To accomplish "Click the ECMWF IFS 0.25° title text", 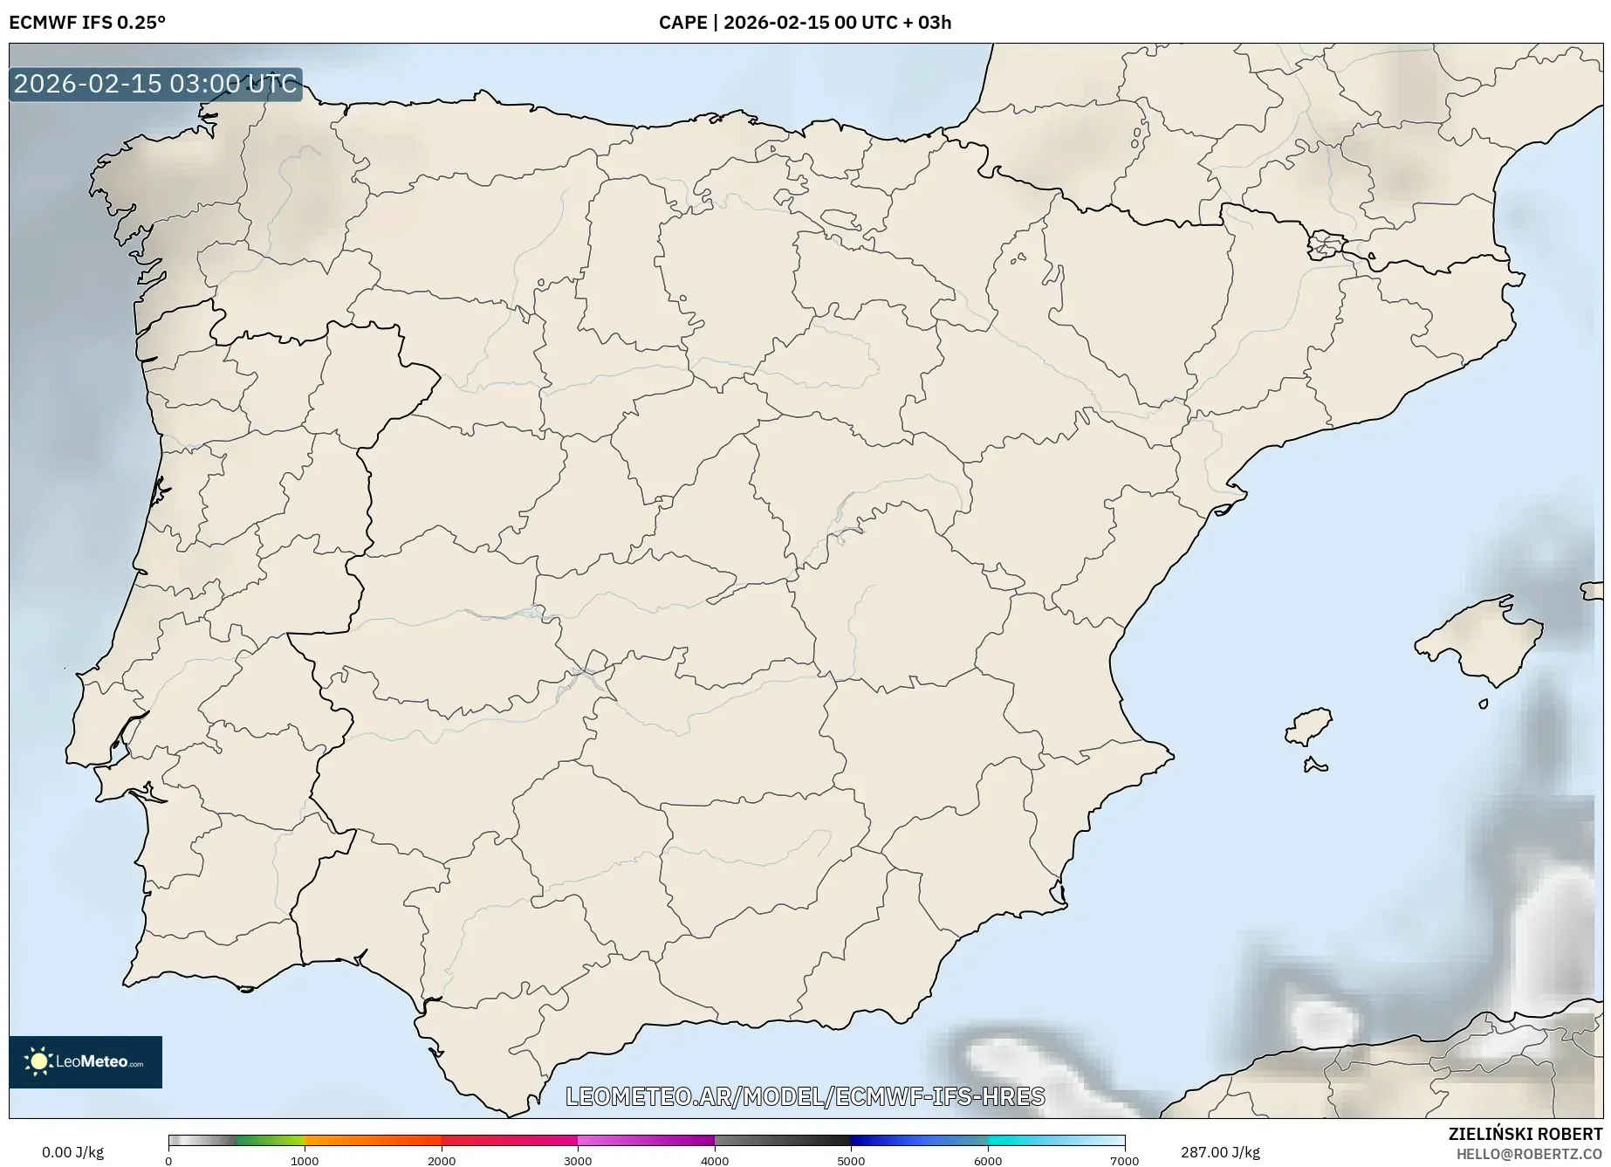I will pos(87,23).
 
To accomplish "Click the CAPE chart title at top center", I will pos(805,23).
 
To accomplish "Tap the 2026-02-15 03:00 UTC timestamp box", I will pos(155,85).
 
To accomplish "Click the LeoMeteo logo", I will pos(86,1061).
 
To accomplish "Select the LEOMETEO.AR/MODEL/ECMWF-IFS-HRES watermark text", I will pos(805,1096).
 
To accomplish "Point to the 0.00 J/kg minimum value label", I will pos(72,1152).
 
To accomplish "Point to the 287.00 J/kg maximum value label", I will pos(1220,1152).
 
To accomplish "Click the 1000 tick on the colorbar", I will pos(305,1160).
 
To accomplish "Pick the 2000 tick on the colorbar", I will pos(442,1160).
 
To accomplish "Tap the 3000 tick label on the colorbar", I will pos(578,1160).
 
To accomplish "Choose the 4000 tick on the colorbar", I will pos(715,1160).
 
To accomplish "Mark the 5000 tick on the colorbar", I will pos(851,1160).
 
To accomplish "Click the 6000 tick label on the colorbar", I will pos(988,1160).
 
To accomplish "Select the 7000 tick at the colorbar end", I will pos(1124,1160).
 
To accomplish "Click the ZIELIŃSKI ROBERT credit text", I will pos(1525,1134).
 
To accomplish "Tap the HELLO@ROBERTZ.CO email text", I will pos(1529,1154).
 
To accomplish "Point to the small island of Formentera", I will pos(1315,766).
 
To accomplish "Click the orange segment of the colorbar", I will pos(373,1141).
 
